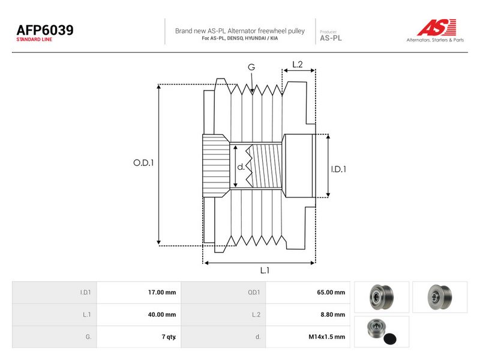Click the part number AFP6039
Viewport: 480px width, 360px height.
tap(45, 30)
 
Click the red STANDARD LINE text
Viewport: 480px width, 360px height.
tap(34, 40)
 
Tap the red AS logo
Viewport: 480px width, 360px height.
tap(437, 27)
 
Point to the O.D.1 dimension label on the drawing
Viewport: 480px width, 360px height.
tap(143, 163)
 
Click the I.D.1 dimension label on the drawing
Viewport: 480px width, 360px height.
tap(338, 169)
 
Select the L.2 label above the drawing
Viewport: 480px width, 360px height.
tap(297, 64)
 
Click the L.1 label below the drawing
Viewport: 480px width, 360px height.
tap(265, 271)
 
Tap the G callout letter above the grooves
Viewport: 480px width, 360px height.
tap(251, 67)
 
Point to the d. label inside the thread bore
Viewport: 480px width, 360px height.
tap(241, 167)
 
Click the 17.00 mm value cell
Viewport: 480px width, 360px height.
tap(139, 292)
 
